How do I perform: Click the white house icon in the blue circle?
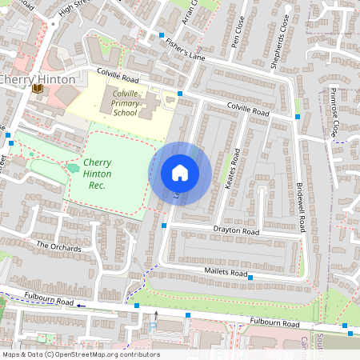(x=180, y=173)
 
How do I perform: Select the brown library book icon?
(x=37, y=90)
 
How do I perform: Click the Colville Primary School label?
(x=124, y=102)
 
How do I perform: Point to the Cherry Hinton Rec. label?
(x=98, y=174)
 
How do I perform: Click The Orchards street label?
(x=58, y=246)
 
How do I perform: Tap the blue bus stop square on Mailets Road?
(x=250, y=278)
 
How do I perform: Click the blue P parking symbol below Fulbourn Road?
(x=152, y=326)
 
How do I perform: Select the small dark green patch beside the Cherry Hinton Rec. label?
(x=74, y=168)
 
